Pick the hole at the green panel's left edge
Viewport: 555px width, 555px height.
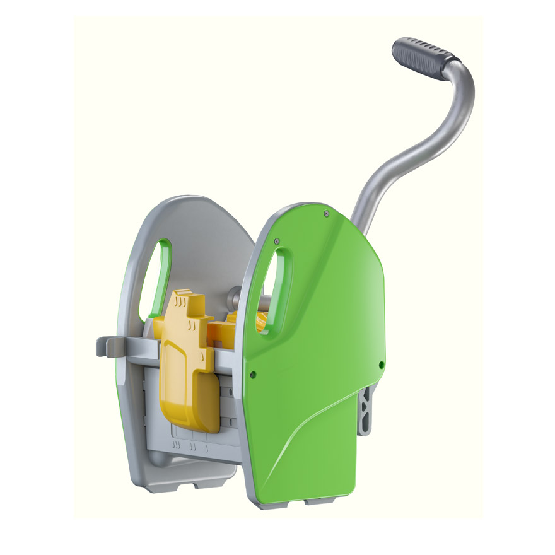[x=253, y=373]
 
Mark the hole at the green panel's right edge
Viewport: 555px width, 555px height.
[x=381, y=365]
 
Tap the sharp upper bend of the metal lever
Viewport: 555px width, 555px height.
[x=464, y=73]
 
